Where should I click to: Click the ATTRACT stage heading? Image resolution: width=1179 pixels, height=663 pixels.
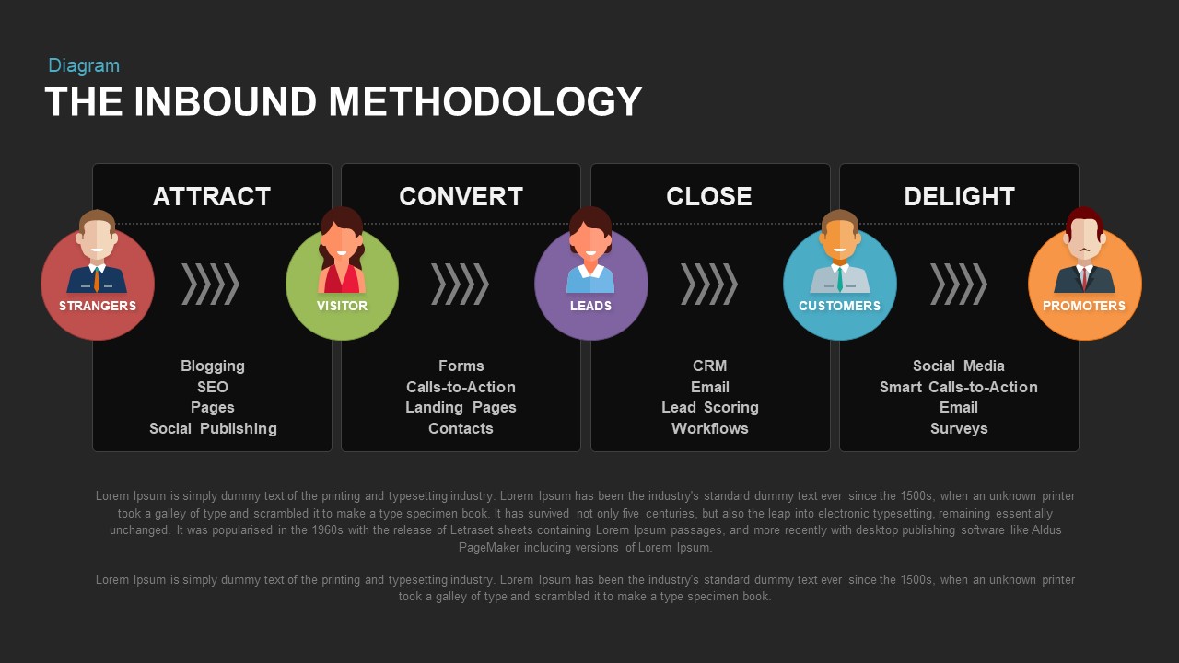pos(212,196)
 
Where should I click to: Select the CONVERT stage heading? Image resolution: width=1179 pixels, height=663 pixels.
pos(461,196)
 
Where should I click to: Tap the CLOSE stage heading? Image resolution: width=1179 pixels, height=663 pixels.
pos(709,196)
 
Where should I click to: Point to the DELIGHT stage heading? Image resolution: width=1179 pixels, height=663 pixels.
pos(959,196)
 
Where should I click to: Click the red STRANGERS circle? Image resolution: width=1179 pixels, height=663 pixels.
pos(98,284)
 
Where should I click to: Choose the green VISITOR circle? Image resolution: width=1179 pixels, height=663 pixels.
pos(342,284)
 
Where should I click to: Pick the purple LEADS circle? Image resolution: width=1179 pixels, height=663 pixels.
pos(591,284)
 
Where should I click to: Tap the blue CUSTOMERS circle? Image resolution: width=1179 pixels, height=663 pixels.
pos(840,284)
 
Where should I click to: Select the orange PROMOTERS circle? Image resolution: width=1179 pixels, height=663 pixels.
pos(1084,284)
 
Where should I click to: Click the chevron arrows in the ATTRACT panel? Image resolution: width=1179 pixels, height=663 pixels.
pos(210,284)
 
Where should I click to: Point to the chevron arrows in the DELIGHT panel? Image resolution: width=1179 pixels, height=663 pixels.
pos(958,284)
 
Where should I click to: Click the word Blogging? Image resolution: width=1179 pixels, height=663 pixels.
pos(213,366)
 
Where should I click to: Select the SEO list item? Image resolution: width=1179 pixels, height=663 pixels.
pos(213,387)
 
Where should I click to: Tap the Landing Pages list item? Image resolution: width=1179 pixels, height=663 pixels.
pos(461,407)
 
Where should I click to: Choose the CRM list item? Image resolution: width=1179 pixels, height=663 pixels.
pos(709,366)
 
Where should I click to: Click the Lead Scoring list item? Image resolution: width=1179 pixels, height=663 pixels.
pos(709,407)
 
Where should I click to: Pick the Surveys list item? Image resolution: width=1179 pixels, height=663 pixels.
pos(959,428)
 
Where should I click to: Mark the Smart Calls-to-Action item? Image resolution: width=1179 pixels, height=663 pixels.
pos(959,387)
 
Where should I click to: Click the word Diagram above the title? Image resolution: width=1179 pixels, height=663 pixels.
pos(84,65)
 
